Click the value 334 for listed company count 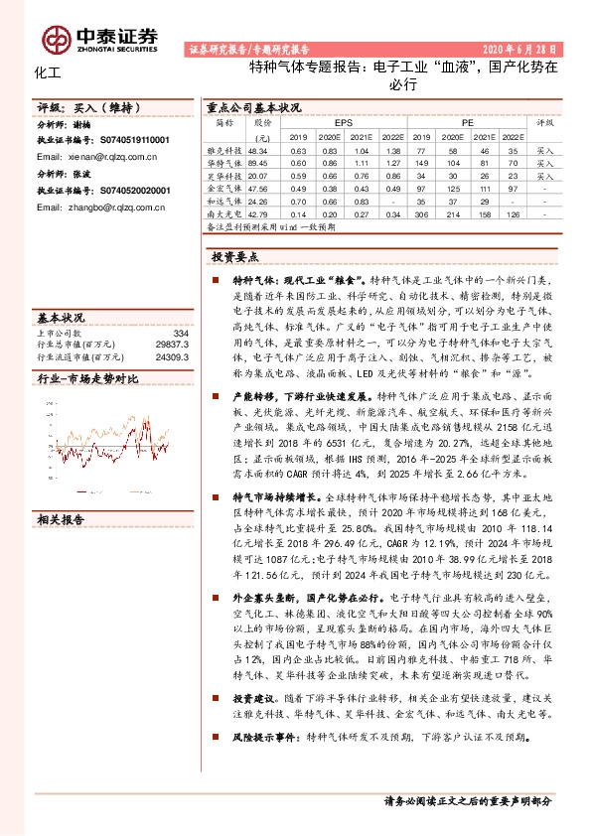pyautogui.click(x=181, y=334)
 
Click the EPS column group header pyautogui.click(x=343, y=122)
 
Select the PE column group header pyautogui.click(x=466, y=122)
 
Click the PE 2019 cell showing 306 pyautogui.click(x=420, y=213)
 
